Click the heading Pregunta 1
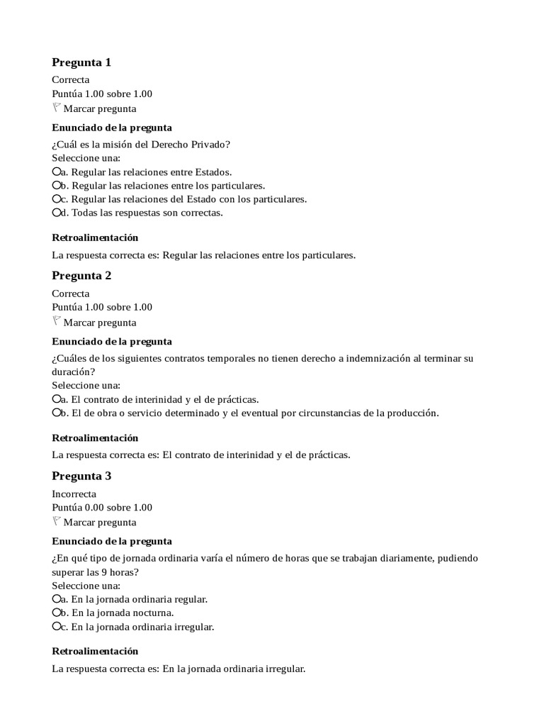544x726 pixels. (81, 62)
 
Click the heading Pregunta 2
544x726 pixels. (81, 276)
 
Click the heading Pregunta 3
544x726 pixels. (81, 476)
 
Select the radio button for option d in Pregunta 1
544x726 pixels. (57, 213)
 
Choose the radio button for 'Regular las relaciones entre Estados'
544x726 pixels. (57, 172)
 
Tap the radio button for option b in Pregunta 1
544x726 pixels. (57, 186)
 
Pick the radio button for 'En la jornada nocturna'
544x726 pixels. (57, 613)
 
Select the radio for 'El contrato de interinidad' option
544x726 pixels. (57, 399)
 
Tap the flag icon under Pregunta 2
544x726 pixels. (57, 321)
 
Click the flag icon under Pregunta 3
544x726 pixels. (57, 522)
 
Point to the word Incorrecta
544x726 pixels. (74, 494)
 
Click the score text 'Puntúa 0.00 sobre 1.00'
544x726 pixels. (102, 508)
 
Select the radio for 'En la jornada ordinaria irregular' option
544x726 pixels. (57, 627)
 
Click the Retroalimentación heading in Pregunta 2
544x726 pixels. (95, 438)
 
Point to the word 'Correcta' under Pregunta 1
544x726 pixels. (71, 80)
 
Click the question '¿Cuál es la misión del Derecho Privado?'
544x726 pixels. (141, 145)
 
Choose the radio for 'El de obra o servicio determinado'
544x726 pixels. (57, 413)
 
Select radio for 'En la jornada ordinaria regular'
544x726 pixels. (57, 599)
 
